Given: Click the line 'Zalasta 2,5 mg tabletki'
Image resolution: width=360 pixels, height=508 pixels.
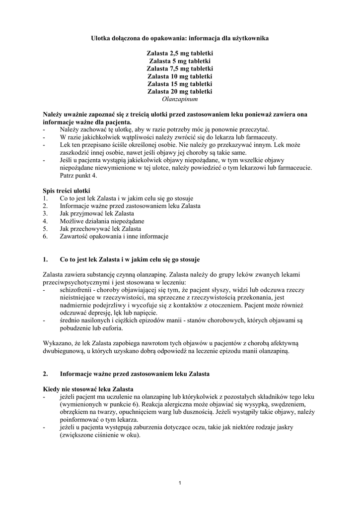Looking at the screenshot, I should [x=180, y=53].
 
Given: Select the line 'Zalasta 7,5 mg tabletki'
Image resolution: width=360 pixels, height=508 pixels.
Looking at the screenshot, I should [x=180, y=68].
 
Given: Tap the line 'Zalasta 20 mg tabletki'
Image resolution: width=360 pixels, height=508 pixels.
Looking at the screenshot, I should [x=180, y=92].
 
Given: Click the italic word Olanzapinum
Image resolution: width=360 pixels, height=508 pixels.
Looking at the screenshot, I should [x=180, y=99].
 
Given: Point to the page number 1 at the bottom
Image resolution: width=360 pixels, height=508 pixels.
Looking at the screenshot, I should [x=180, y=483].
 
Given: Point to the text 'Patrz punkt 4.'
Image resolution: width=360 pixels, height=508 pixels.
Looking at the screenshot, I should [x=79, y=176].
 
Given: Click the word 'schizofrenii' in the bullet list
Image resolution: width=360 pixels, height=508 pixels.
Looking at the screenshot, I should [x=75, y=290].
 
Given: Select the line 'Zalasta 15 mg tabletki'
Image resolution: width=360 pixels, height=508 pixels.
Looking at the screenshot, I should [x=180, y=84].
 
